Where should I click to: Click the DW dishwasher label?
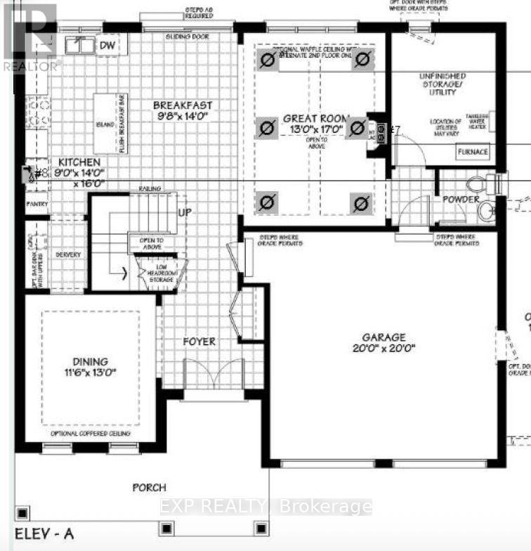tap(107, 46)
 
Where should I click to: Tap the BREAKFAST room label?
tap(183, 105)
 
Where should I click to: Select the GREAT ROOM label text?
tap(313, 119)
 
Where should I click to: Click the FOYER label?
tap(199, 342)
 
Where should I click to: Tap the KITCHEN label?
tap(75, 161)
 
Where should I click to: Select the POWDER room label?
tap(460, 200)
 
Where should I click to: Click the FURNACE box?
tap(472, 152)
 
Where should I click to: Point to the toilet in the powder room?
tap(478, 184)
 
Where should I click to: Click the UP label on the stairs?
tap(185, 212)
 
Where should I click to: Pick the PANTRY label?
tap(38, 205)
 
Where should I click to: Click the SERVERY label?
tap(69, 254)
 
